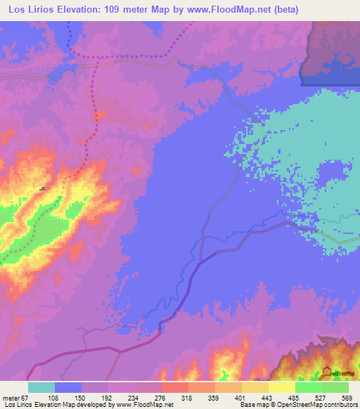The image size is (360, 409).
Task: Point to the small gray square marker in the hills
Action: (x=42, y=188)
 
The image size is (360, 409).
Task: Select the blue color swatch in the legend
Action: (x=67, y=387)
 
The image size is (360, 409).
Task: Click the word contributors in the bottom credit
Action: (x=340, y=404)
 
